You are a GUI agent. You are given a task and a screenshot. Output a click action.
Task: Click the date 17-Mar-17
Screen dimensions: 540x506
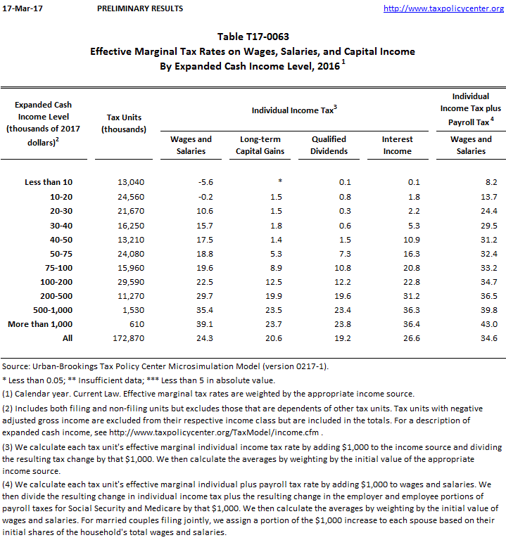18,8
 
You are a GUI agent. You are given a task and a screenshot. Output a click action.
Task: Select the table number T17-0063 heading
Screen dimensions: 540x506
253,37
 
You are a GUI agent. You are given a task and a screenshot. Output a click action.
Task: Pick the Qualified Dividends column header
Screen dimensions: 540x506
329,145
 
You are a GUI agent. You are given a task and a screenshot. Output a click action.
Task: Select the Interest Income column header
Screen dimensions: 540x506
397,145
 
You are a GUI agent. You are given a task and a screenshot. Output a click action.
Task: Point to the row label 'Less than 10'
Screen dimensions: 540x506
49,182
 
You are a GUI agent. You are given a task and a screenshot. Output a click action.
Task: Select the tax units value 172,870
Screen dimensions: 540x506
128,338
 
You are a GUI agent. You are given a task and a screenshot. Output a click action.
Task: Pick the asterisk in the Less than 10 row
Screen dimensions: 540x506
270,182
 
